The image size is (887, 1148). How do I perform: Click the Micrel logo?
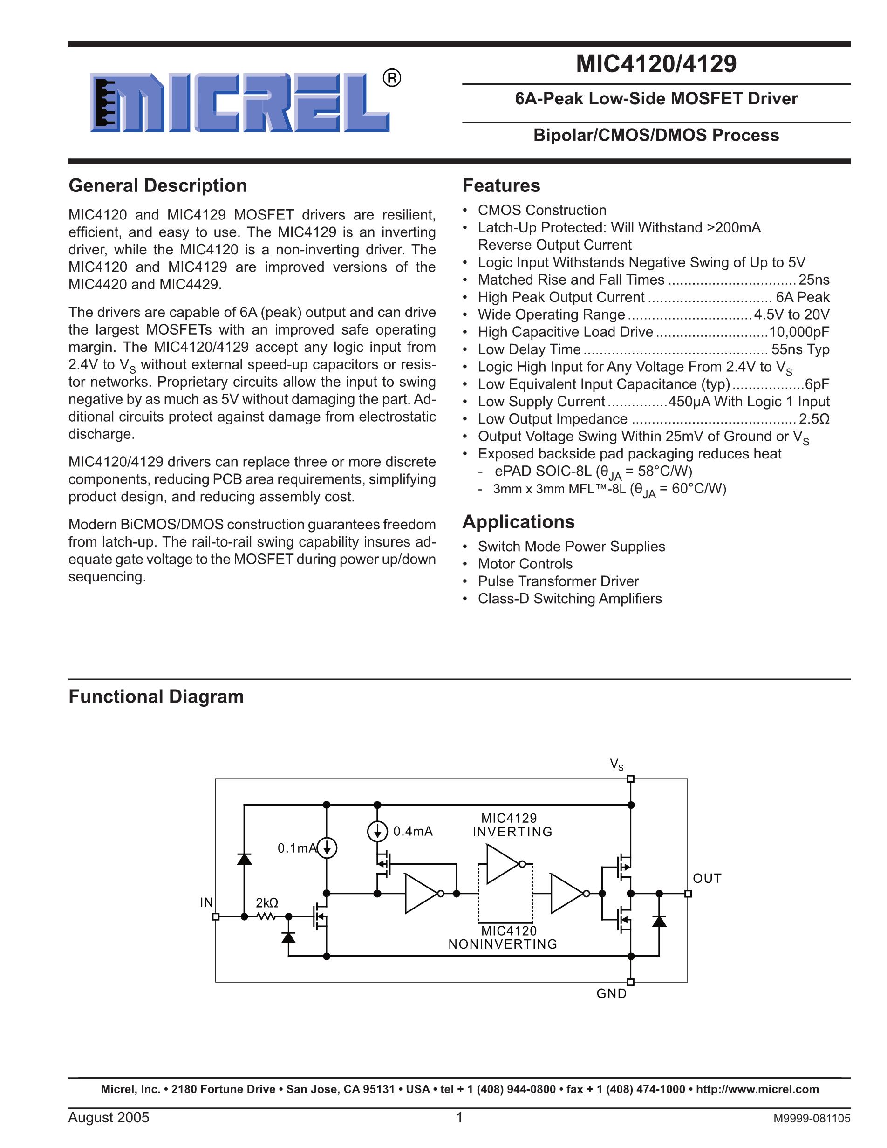(x=239, y=102)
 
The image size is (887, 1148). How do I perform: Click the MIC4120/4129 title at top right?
(x=656, y=64)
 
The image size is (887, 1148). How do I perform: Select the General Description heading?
(x=157, y=185)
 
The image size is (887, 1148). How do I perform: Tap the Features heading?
(x=501, y=185)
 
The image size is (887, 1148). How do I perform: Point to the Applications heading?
(x=518, y=521)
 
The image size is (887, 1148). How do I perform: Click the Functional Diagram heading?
(x=156, y=697)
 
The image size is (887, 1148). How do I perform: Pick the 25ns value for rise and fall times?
(x=814, y=280)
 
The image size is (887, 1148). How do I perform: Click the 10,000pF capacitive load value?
(x=799, y=332)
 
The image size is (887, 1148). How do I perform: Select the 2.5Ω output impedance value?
(x=814, y=419)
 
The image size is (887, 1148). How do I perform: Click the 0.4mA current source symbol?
(x=377, y=831)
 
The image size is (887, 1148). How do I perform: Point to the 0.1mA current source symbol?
(x=327, y=848)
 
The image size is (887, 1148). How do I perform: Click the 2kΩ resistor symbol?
(x=266, y=917)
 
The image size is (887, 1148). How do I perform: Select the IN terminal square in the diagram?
(x=215, y=917)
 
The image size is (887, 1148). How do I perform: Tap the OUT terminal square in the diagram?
(x=688, y=894)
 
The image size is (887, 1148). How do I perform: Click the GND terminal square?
(x=631, y=982)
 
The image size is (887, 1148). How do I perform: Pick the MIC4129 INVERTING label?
(x=512, y=825)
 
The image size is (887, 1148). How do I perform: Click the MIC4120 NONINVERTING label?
(x=503, y=937)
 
